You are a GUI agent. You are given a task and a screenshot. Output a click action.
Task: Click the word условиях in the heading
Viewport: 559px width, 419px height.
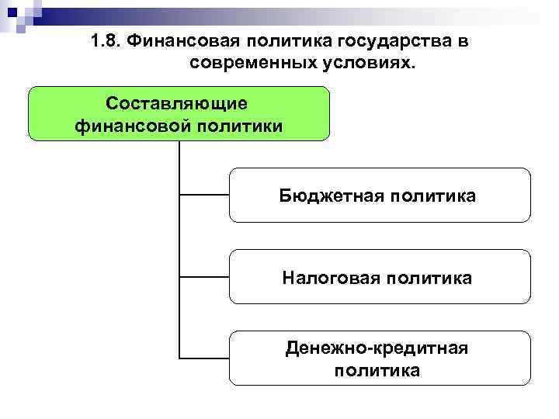pos(363,62)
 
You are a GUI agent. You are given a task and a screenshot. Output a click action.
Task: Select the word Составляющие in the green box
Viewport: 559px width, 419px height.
pos(178,103)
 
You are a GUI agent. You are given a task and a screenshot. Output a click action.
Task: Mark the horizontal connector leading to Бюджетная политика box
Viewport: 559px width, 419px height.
pos(203,195)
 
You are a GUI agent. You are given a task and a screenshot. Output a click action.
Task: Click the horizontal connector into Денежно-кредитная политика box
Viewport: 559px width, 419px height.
pos(203,358)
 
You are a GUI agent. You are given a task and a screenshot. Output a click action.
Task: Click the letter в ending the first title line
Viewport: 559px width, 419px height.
pos(463,42)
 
